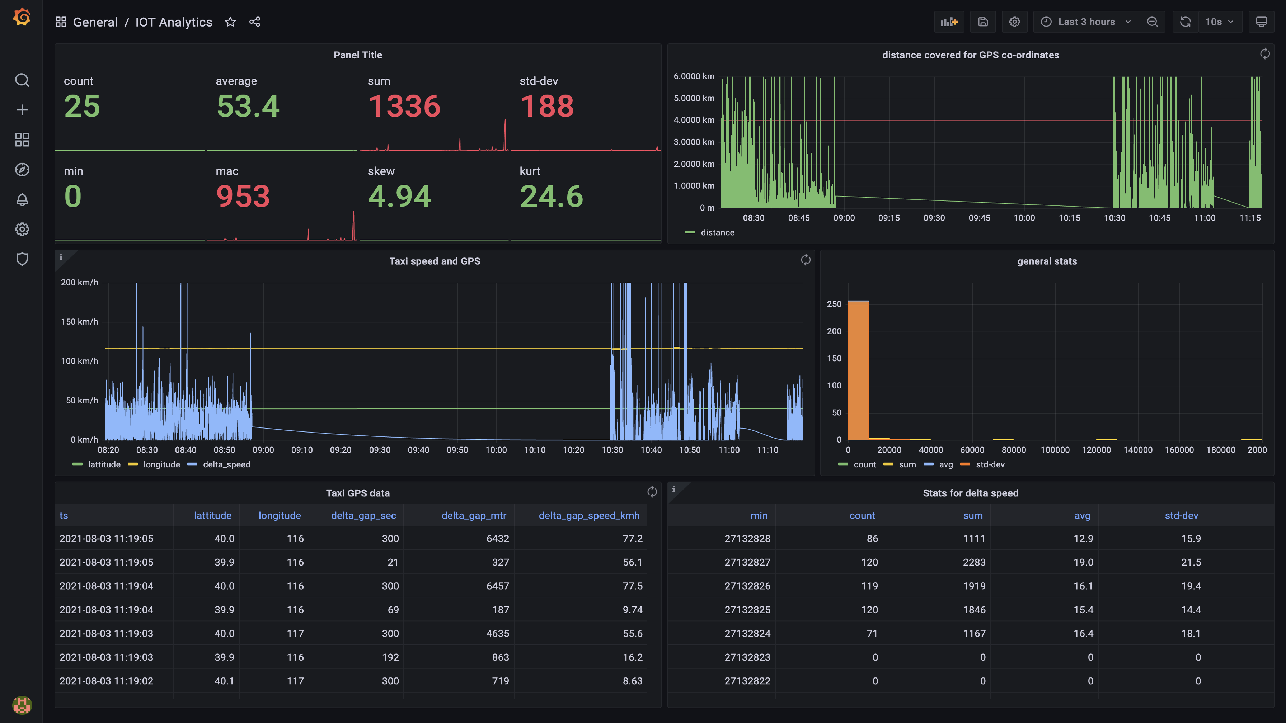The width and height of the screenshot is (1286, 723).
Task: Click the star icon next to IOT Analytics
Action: pyautogui.click(x=230, y=22)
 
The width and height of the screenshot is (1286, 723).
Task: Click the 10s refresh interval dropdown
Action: pyautogui.click(x=1219, y=22)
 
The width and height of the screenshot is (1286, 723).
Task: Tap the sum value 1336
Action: pyautogui.click(x=404, y=106)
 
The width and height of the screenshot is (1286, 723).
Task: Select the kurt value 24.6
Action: pyautogui.click(x=551, y=197)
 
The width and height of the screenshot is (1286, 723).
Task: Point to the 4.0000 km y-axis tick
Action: pyautogui.click(x=694, y=120)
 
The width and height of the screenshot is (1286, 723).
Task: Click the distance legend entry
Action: pyautogui.click(x=717, y=232)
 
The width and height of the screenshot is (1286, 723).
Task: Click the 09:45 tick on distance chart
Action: pyautogui.click(x=979, y=218)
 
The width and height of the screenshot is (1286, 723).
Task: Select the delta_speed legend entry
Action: pyautogui.click(x=226, y=464)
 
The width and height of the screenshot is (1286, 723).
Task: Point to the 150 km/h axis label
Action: pyautogui.click(x=79, y=322)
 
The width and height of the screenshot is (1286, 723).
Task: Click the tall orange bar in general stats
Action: pyautogui.click(x=858, y=369)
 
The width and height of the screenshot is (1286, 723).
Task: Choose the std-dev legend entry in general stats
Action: pyautogui.click(x=990, y=464)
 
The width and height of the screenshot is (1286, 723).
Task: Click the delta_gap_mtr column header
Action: pyautogui.click(x=473, y=515)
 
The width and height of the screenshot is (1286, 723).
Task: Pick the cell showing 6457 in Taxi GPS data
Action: pyautogui.click(x=497, y=586)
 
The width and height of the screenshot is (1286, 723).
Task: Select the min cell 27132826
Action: pyautogui.click(x=747, y=586)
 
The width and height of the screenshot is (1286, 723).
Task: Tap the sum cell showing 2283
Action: pyautogui.click(x=973, y=562)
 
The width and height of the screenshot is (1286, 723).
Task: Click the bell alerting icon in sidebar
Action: pyautogui.click(x=22, y=200)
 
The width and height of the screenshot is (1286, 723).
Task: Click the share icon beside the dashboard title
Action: pyautogui.click(x=255, y=22)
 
